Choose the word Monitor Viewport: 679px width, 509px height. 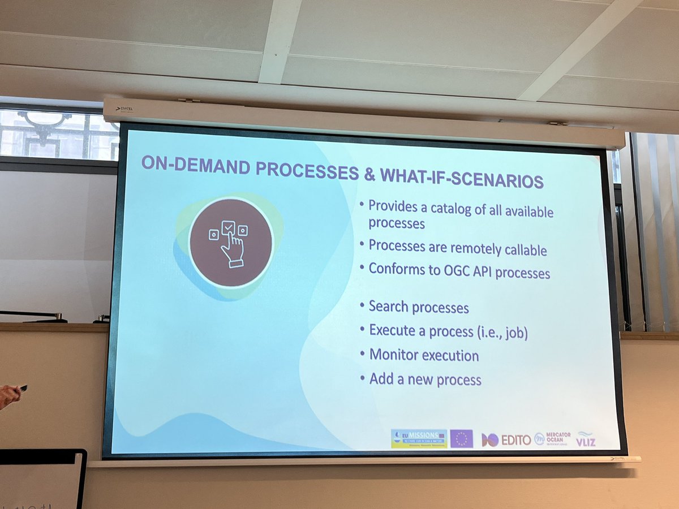point(394,355)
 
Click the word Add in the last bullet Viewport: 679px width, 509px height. point(382,378)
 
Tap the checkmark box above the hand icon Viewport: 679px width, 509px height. point(228,227)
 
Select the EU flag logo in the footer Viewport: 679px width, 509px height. point(461,438)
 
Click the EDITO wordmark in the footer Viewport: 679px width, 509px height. point(515,440)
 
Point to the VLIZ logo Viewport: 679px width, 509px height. point(586,439)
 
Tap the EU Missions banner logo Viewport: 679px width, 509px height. point(419,438)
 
